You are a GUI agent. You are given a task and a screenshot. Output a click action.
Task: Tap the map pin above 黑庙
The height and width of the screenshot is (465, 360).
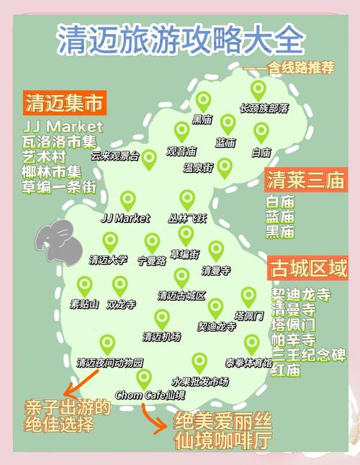[x=203, y=100]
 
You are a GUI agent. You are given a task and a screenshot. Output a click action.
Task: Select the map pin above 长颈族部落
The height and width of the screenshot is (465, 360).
[x=258, y=89]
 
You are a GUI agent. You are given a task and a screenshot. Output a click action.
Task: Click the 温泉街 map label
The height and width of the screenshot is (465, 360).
[x=198, y=168]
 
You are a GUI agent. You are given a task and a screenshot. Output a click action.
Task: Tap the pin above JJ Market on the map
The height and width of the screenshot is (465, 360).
[x=127, y=200]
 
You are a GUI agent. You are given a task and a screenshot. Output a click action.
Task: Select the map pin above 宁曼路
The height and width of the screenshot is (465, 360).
[x=152, y=243]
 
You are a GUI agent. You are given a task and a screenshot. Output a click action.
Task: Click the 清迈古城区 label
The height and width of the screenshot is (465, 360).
[x=181, y=295]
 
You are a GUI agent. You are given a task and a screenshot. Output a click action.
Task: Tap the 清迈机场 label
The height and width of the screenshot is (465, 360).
[x=161, y=336]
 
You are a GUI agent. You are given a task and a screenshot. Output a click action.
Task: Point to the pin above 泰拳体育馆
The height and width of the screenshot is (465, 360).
[x=251, y=343]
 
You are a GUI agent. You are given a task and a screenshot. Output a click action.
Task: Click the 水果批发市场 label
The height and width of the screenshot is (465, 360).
[x=200, y=381]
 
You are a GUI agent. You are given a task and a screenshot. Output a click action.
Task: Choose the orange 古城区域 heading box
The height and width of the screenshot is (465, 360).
[x=308, y=268]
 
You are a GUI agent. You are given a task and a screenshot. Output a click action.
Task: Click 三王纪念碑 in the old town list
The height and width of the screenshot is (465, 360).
[x=308, y=355]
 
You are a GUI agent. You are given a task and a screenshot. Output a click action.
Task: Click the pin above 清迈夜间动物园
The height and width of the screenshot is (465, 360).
[x=107, y=344]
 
